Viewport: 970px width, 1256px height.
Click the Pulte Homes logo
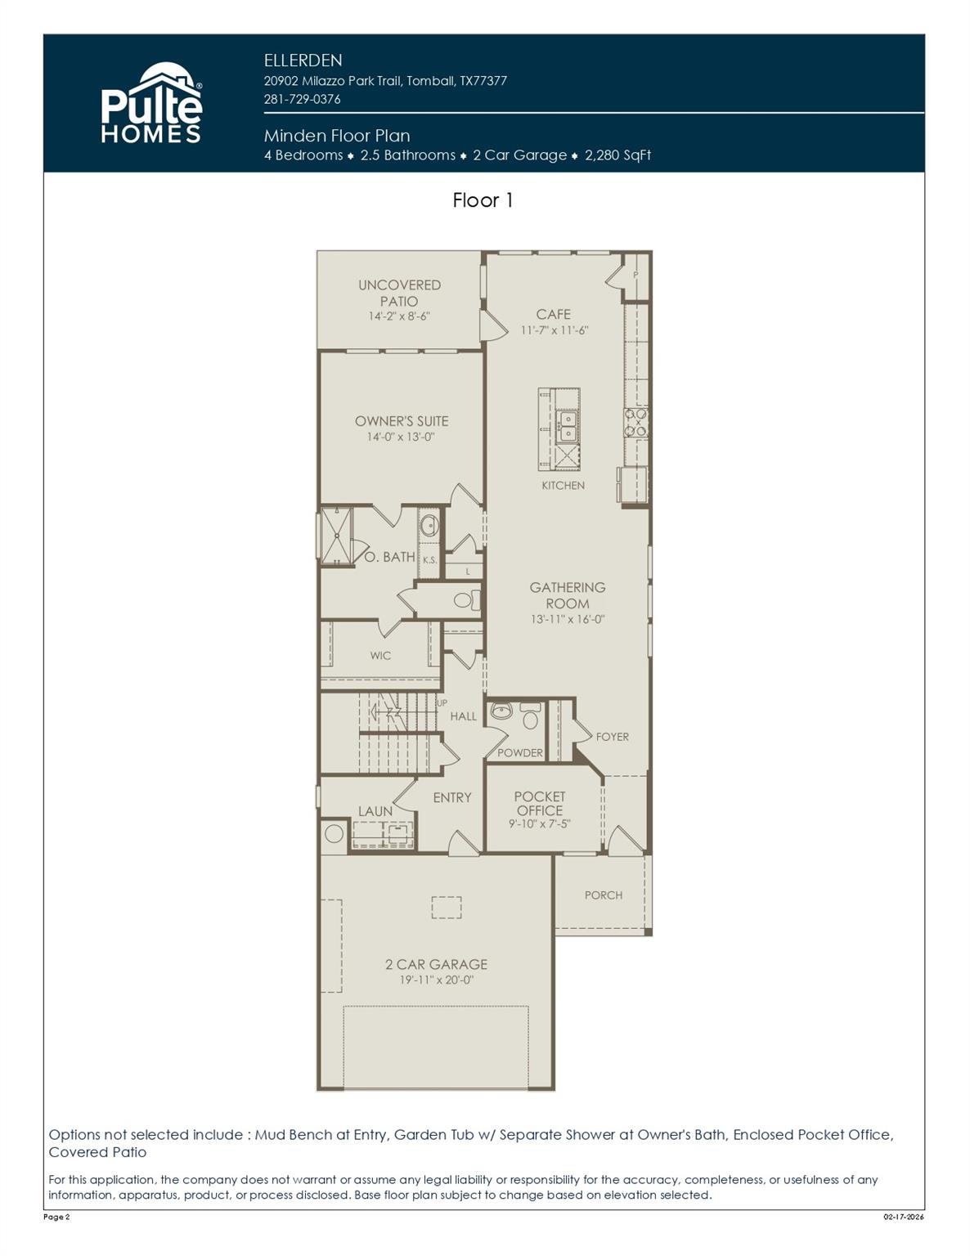pos(151,104)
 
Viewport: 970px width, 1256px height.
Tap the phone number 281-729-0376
pos(302,99)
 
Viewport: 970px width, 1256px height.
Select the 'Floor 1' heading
pos(483,200)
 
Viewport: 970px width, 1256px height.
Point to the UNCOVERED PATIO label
pos(399,293)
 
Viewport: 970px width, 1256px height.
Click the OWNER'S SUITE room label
pos(401,421)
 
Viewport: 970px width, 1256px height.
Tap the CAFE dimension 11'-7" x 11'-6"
pos(554,330)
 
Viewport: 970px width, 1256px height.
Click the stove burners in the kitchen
pos(636,422)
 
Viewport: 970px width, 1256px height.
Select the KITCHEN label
pos(563,486)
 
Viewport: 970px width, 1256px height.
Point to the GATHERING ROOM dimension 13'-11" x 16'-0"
pos(567,620)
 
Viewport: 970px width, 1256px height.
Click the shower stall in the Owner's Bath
pos(336,536)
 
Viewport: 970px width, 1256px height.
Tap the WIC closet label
pos(380,656)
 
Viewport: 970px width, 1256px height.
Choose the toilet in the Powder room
pos(531,719)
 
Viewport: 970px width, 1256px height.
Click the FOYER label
pos(612,737)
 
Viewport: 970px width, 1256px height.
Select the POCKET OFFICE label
pos(539,803)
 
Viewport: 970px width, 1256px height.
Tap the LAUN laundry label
pos(375,811)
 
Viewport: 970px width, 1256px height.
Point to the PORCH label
pos(603,895)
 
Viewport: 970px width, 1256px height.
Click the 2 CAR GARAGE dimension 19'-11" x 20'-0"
pos(436,980)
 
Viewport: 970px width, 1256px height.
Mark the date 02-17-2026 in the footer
pos(903,1218)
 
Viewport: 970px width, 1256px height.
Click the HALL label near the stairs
pos(463,716)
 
